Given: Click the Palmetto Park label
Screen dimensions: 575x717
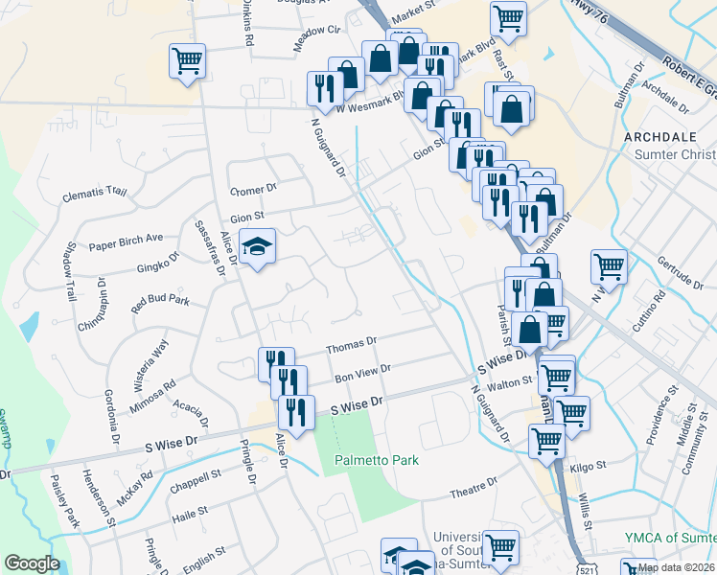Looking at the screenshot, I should (x=377, y=460).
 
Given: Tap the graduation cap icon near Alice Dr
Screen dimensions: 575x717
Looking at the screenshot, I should (x=256, y=247).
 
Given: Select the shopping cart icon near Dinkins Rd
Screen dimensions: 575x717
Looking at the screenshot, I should (x=188, y=61).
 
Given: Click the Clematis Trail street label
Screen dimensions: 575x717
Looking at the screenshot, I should (x=94, y=193).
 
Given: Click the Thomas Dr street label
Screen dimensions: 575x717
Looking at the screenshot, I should (x=352, y=343).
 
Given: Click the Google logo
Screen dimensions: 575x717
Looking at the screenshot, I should (x=32, y=563).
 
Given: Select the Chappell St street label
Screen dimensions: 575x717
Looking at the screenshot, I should (x=195, y=473).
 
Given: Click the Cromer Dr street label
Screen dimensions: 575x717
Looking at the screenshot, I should (x=253, y=188).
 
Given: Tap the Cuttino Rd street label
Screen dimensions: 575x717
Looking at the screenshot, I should (x=644, y=312).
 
